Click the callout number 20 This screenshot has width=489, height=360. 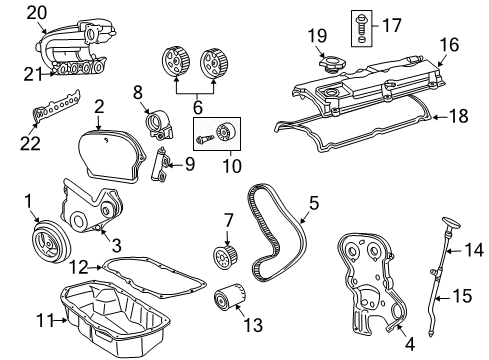37,12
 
